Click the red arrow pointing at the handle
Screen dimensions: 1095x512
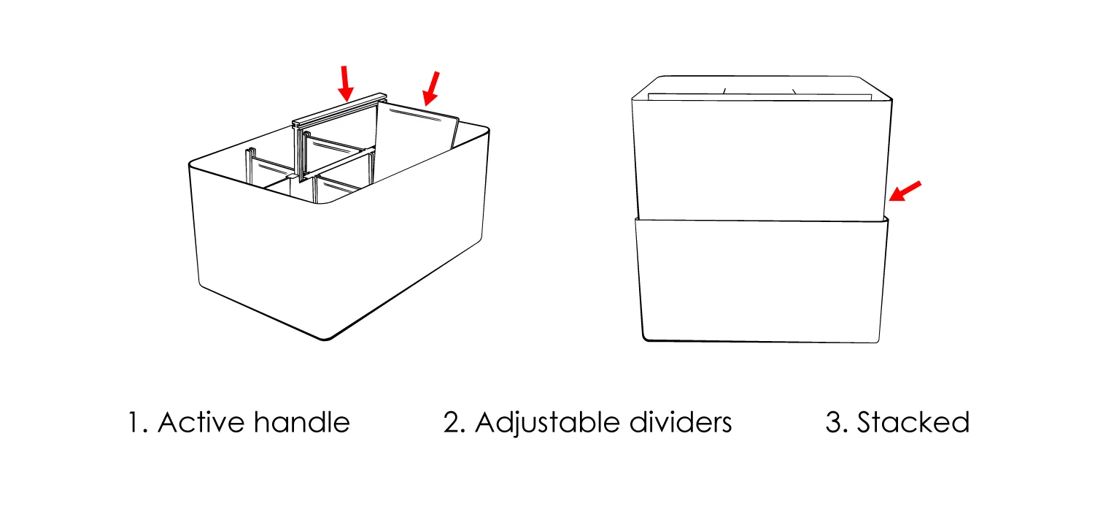(x=346, y=83)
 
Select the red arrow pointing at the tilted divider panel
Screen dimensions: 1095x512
(x=433, y=88)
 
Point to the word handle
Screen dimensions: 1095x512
(x=302, y=423)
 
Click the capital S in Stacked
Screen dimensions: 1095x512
(x=866, y=423)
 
